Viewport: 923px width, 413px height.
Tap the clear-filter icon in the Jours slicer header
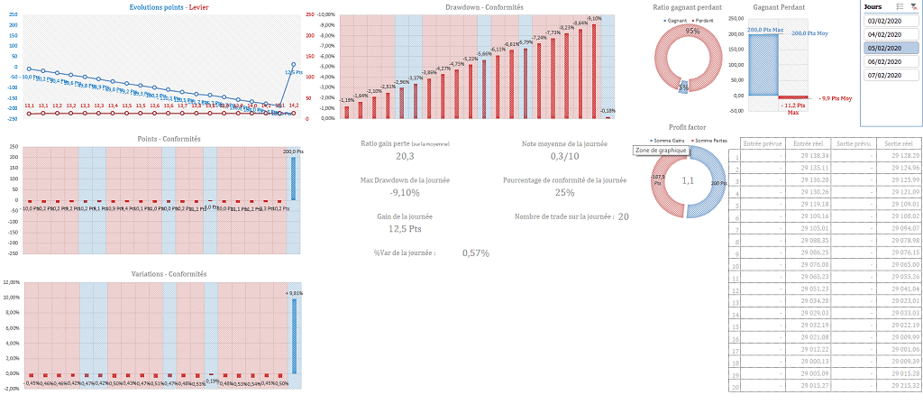coord(914,6)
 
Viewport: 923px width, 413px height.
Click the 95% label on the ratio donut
coord(692,31)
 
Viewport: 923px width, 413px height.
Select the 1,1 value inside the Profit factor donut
coord(686,180)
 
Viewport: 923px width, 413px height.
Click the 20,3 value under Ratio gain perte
coord(405,157)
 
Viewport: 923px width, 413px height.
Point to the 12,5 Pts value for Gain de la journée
coord(405,229)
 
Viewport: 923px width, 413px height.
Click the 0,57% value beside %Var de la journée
coord(476,252)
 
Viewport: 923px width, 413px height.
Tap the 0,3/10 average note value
coord(564,157)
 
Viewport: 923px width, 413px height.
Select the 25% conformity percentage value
coord(564,192)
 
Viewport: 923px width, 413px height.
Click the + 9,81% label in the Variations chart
coord(295,293)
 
